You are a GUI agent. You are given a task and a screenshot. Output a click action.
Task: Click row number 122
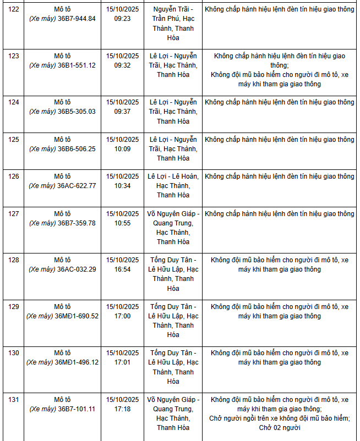tap(14, 9)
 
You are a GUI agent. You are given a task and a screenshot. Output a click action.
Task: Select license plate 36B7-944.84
tap(77, 19)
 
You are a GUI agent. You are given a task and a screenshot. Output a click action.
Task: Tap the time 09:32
tap(122, 65)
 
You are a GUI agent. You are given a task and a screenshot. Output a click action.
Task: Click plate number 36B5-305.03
tap(77, 112)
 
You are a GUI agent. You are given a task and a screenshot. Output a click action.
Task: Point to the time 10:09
tap(122, 148)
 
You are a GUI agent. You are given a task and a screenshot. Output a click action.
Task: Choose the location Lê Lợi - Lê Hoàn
tap(172, 177)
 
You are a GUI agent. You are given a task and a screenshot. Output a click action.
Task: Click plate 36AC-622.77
tap(77, 186)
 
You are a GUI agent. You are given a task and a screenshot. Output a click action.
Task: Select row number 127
tap(14, 213)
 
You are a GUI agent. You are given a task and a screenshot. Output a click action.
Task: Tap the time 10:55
tap(122, 223)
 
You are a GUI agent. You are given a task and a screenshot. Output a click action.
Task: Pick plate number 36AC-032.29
tap(77, 269)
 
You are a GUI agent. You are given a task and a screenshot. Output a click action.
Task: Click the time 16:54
tap(122, 269)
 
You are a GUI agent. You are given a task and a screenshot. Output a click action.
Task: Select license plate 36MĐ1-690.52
tap(77, 316)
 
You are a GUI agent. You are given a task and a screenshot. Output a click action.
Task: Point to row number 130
tap(14, 352)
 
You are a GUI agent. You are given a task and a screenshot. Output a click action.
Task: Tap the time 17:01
tap(122, 362)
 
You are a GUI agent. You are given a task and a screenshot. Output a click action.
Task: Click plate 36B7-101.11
tap(77, 409)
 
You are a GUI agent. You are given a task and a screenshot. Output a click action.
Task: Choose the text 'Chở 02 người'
tap(280, 428)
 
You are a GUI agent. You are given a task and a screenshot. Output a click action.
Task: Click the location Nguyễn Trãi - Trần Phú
tap(172, 14)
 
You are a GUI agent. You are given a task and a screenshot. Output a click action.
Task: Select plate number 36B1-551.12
tap(77, 65)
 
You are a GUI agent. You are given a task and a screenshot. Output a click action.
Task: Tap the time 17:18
tap(122, 409)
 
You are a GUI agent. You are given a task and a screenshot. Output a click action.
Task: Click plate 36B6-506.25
tap(77, 148)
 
